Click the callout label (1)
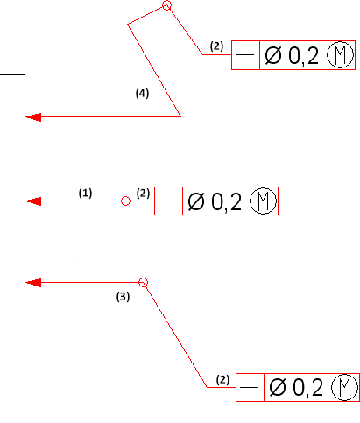pos(85,194)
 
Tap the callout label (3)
pos(123,297)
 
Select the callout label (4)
pos(142,94)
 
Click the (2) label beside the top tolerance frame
pos(216,46)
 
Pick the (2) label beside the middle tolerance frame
pos(143,194)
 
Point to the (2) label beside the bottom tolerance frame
pos(222,380)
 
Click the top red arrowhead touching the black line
pos(33,117)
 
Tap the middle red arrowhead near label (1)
pos(33,201)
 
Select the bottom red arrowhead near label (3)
pos(33,283)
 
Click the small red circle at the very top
pos(166,2)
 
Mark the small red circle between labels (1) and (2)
pos(125,196)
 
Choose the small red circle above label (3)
pos(143,278)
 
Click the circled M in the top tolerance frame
pos(340,42)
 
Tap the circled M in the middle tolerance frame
pos(263,188)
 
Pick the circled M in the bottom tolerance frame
pos(344,375)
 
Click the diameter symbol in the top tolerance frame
pos(273,55)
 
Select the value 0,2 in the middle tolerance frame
pos(227,202)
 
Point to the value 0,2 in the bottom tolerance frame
pos(307,388)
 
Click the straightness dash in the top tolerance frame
pos(244,54)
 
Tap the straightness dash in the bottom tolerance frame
pos(249,387)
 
